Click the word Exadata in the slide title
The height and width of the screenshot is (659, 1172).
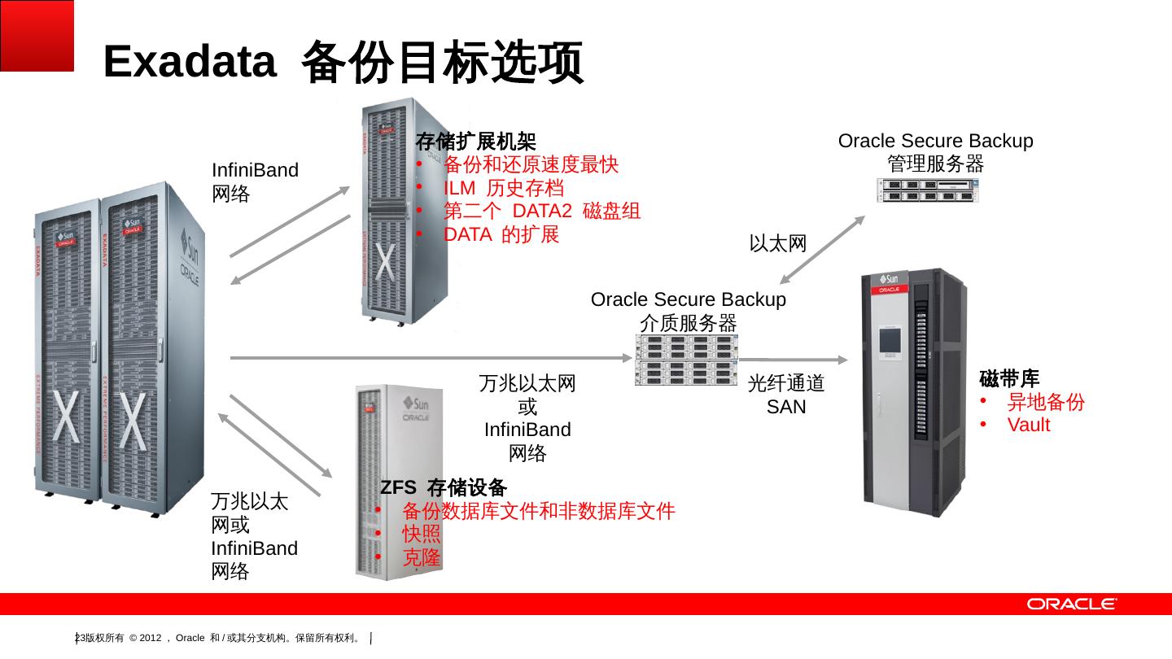coord(190,62)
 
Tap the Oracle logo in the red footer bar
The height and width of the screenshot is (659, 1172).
coord(1071,604)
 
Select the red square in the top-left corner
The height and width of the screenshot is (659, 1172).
coord(37,35)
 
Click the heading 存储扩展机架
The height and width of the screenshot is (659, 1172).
coord(475,142)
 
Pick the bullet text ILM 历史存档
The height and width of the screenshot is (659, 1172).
coord(503,189)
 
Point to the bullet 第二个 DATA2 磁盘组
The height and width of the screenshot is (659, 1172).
coord(541,212)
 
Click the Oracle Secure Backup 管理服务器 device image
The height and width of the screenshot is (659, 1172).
coord(929,190)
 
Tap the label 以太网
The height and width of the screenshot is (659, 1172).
coord(777,243)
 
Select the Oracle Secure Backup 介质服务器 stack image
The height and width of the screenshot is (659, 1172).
coord(686,359)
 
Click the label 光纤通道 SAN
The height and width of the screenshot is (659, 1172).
coord(786,394)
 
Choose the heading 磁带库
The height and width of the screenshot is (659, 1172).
coord(1009,378)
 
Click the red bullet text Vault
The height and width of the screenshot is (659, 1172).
coord(1028,425)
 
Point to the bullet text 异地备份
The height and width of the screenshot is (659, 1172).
coord(1046,402)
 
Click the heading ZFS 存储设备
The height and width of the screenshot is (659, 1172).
coord(444,487)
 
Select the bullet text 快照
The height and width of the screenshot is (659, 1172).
coord(422,535)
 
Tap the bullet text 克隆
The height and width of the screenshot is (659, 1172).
coord(422,558)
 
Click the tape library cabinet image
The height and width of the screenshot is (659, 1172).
coord(915,386)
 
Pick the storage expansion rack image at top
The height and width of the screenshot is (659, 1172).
coord(399,212)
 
